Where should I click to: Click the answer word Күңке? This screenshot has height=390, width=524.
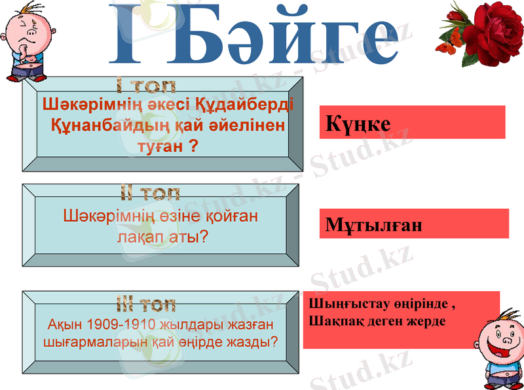pyautogui.click(x=358, y=123)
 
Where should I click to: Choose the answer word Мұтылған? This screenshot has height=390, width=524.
pyautogui.click(x=374, y=226)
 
